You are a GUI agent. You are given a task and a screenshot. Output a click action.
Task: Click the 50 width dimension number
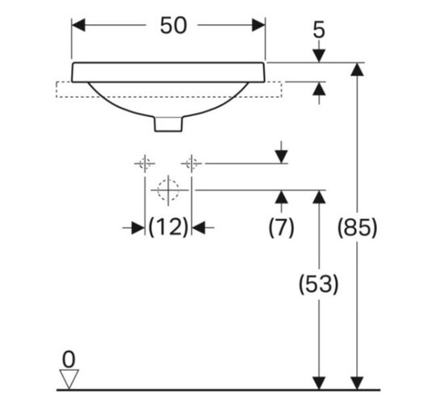click(x=174, y=25)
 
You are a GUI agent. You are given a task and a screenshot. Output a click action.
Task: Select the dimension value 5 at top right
click(x=319, y=30)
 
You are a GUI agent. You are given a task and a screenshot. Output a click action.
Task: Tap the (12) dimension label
click(x=169, y=228)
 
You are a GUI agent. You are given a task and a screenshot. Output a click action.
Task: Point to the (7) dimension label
click(x=282, y=228)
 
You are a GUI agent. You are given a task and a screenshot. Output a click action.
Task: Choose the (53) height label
click(x=319, y=284)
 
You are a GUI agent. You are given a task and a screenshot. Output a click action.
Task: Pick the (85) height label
click(x=358, y=228)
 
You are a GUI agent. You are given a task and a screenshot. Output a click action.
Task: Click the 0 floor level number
click(x=69, y=360)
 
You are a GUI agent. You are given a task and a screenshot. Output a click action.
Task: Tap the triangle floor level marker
click(x=69, y=379)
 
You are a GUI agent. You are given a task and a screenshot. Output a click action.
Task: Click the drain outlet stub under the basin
click(x=169, y=124)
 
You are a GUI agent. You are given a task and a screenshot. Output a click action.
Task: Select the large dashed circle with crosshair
click(x=168, y=191)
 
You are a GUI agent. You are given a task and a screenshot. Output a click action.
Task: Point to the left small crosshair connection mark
click(x=145, y=164)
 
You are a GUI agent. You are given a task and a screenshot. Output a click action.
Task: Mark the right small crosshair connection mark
click(x=191, y=164)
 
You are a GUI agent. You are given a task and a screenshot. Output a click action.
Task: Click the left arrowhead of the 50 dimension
click(x=78, y=25)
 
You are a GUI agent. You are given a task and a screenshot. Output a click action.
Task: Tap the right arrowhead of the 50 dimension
click(x=258, y=25)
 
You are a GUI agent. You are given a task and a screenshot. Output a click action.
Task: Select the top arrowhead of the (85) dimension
click(x=358, y=69)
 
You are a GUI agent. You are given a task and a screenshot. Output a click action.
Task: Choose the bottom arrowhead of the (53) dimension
click(x=319, y=383)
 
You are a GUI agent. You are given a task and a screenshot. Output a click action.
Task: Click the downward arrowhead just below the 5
click(x=319, y=56)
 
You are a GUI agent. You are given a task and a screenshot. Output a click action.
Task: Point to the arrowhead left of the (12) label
click(x=138, y=228)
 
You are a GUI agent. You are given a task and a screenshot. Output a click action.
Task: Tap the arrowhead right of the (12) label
click(x=199, y=228)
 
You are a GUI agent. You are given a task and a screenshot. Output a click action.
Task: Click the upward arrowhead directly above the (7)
click(x=282, y=197)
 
